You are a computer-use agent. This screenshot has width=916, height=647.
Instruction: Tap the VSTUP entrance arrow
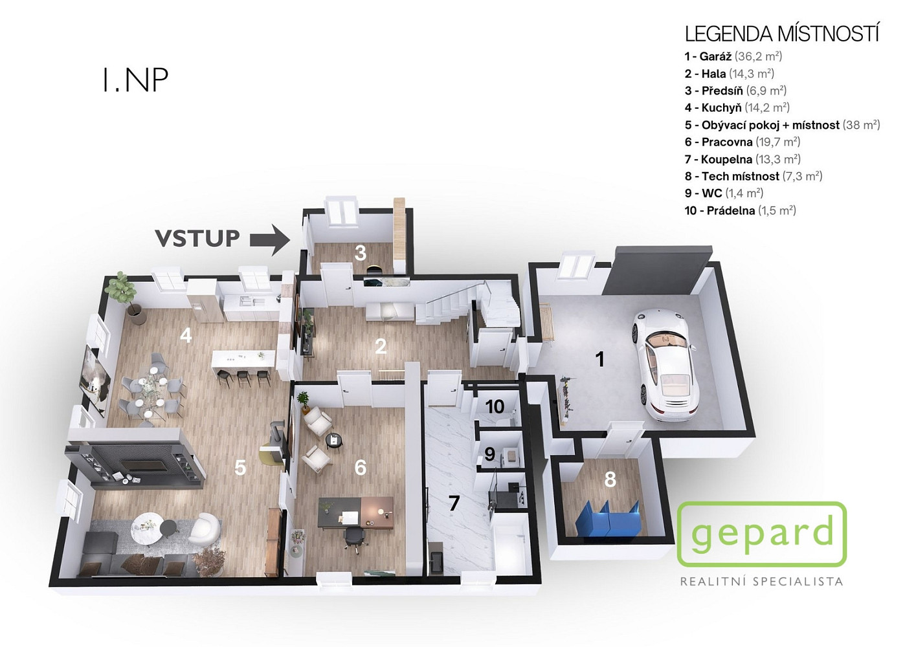270,240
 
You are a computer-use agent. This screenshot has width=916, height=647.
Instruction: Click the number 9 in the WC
489,454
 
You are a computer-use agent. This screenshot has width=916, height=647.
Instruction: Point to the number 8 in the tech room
610,479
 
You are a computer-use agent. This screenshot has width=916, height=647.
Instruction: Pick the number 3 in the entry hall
361,254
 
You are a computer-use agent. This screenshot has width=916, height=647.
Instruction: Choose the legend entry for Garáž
733,56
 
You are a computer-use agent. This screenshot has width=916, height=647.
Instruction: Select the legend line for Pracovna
743,142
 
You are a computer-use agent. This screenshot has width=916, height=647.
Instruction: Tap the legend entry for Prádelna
741,210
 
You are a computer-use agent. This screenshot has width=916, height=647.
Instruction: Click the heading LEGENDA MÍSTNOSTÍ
782,34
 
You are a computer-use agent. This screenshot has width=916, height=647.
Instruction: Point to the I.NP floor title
135,80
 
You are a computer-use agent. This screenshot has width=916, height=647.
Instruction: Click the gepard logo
762,534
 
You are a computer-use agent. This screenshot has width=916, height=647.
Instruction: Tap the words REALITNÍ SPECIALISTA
761,581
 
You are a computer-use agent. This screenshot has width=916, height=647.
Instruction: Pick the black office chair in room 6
353,536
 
